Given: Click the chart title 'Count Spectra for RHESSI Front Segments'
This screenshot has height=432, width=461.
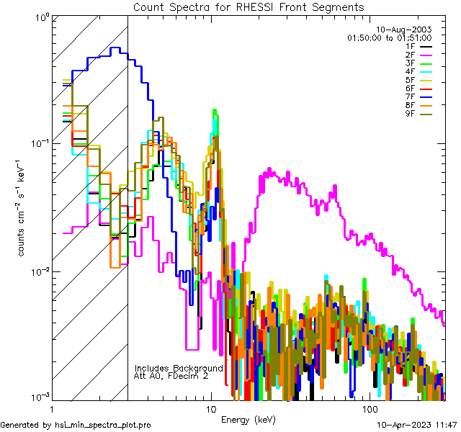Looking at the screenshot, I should (249, 7).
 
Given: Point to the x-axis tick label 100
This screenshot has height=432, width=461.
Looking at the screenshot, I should (370, 408).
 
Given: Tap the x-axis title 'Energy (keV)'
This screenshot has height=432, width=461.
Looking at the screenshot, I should (249, 419).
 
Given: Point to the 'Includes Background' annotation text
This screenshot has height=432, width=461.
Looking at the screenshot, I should (179, 368).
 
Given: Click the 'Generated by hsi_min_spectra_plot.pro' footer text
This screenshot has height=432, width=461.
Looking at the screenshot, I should (76, 426).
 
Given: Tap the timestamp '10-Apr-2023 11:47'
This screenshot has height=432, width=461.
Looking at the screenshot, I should (417, 426).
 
